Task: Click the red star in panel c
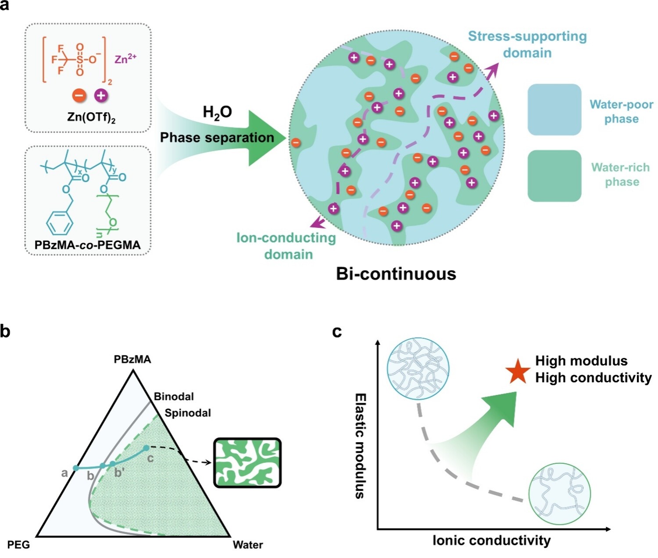(518, 372)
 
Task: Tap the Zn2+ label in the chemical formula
(125, 59)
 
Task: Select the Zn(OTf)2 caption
(91, 118)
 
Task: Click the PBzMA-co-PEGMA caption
(88, 245)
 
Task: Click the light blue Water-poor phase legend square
(554, 110)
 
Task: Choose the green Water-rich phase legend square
(554, 176)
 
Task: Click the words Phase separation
(217, 138)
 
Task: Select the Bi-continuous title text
(396, 274)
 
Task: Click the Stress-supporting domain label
(527, 45)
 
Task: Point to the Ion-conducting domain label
(286, 246)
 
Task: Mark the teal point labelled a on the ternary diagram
(76, 468)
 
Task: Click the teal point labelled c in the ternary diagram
(146, 448)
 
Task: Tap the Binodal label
(174, 397)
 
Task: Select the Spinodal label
(188, 413)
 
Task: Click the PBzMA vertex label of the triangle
(132, 359)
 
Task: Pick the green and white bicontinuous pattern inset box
(247, 463)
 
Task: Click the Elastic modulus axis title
(360, 446)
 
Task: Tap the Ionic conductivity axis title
(491, 540)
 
